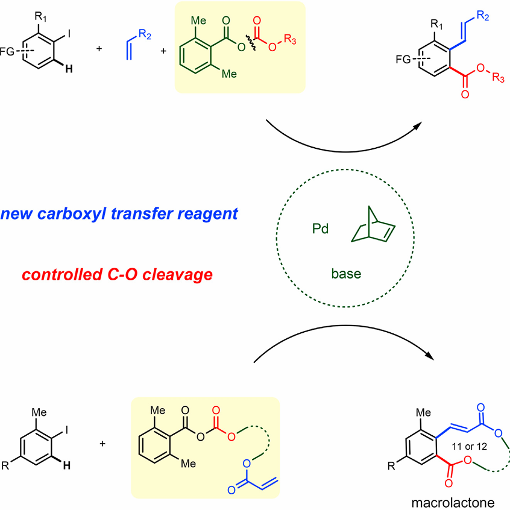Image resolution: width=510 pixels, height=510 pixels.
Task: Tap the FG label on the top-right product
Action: [405, 60]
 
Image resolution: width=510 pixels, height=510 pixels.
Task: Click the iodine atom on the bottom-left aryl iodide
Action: [78, 427]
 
